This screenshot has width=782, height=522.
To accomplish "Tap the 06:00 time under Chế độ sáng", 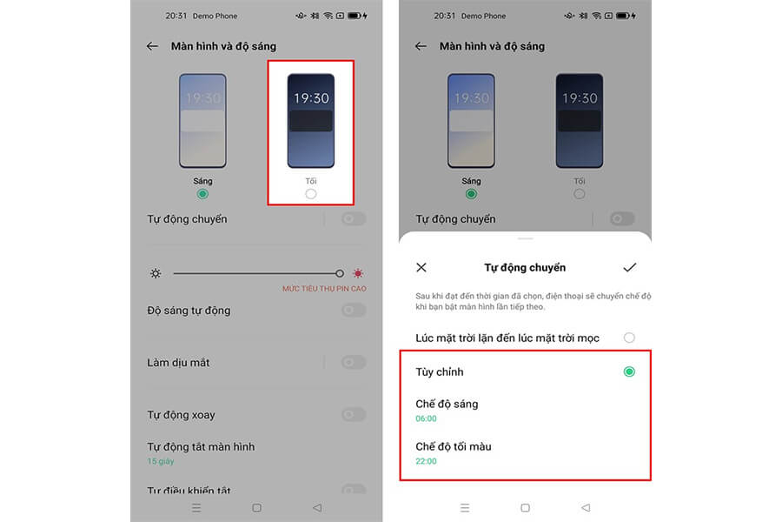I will (x=426, y=418).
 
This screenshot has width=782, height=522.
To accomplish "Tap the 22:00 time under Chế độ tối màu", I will (x=426, y=461).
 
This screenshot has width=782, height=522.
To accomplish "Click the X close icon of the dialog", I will (x=421, y=268).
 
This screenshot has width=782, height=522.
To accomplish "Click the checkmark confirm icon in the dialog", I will (x=630, y=268).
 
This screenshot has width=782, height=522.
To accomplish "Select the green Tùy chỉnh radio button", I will (x=629, y=371).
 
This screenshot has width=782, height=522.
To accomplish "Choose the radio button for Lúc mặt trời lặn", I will (x=629, y=338).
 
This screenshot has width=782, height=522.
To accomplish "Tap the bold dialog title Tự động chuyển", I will (x=525, y=268).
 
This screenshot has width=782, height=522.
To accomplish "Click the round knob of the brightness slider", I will (x=340, y=273).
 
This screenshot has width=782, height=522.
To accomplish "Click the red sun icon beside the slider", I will (x=358, y=273).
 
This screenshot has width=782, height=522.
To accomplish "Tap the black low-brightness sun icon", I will (x=156, y=273).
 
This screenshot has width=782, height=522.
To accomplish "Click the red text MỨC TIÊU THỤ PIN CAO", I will (x=324, y=288).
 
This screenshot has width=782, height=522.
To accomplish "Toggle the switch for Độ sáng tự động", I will (x=353, y=311).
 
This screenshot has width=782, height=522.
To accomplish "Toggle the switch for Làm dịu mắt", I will (x=353, y=363).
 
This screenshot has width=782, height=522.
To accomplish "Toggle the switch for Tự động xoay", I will (x=353, y=415).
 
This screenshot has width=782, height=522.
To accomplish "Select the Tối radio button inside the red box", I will (x=311, y=194).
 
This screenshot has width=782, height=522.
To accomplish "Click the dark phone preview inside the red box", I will (x=311, y=121).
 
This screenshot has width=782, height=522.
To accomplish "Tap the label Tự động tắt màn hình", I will (x=201, y=446).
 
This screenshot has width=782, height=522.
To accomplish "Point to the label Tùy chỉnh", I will (x=439, y=371).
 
